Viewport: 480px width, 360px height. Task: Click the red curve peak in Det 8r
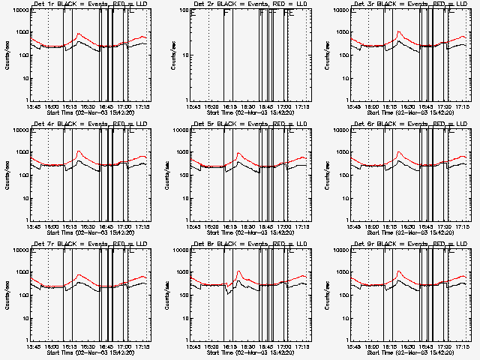(x=238, y=271)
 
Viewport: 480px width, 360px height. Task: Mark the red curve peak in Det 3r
(x=399, y=32)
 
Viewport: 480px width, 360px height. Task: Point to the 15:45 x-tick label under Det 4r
(x=31, y=227)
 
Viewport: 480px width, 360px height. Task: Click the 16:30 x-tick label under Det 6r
(x=406, y=227)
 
